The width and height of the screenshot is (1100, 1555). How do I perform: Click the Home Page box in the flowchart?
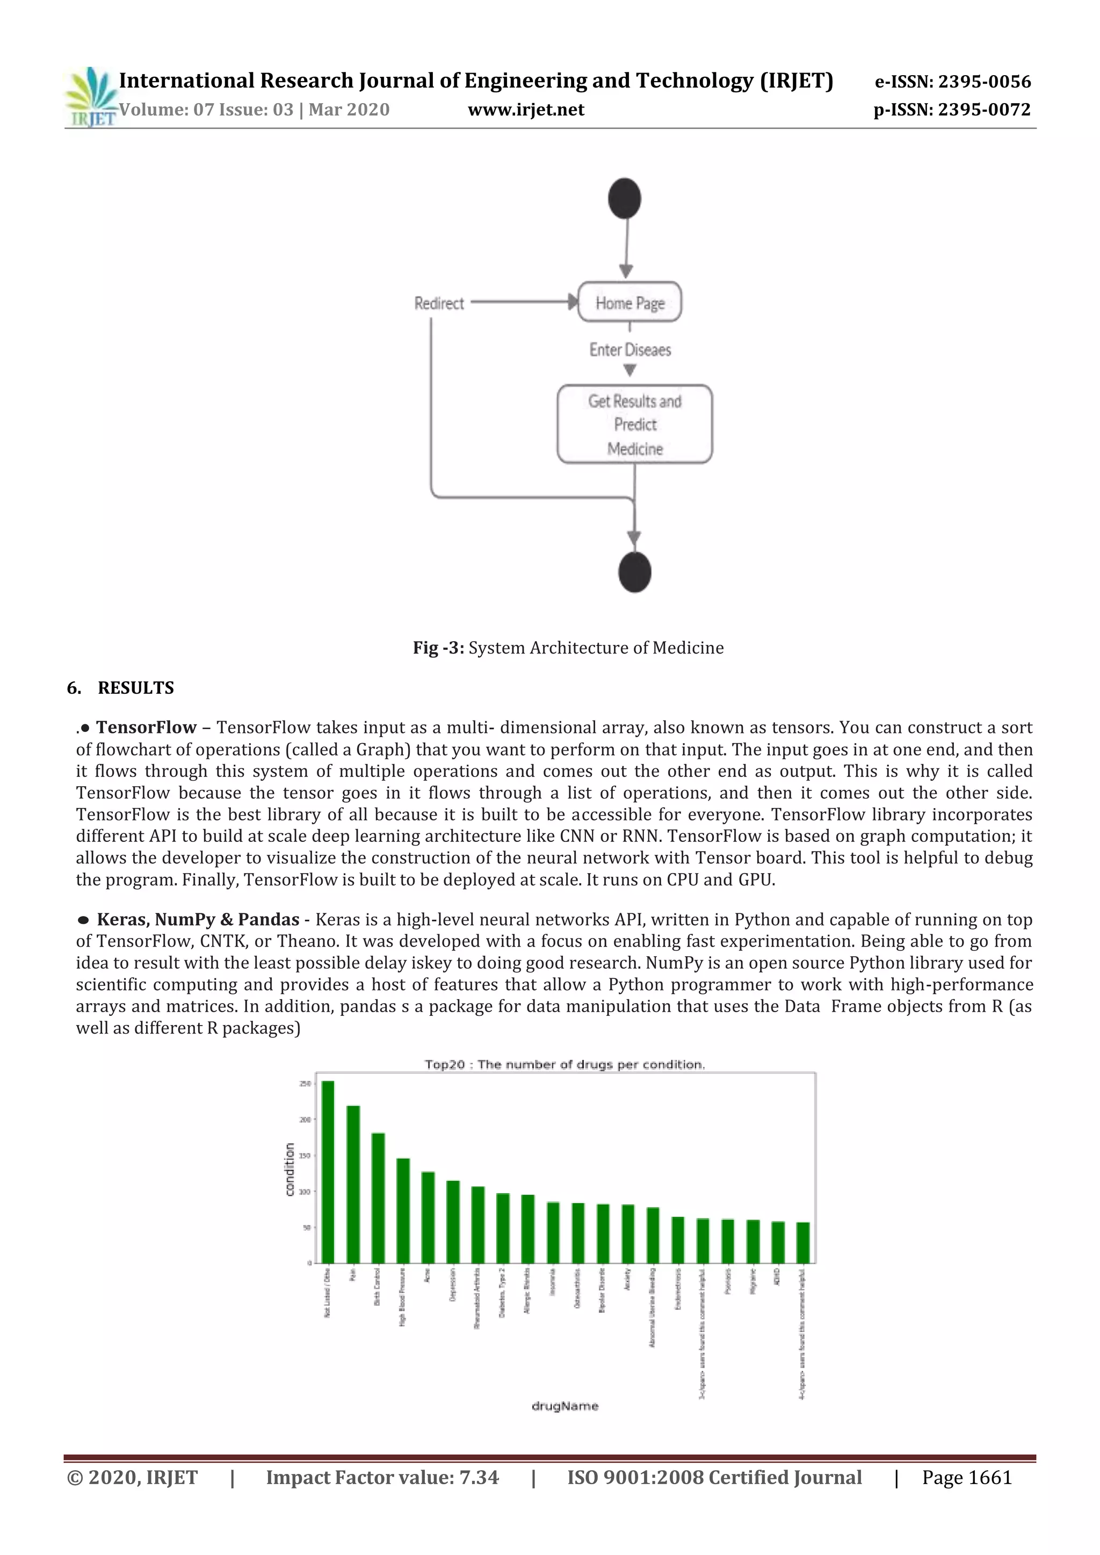pos(629,302)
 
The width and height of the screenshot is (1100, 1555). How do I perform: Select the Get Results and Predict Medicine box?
pos(635,424)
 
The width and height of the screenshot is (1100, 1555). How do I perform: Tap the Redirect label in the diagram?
pos(439,303)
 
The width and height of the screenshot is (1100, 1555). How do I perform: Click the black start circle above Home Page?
pos(625,199)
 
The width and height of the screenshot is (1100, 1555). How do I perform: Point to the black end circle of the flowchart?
pos(635,572)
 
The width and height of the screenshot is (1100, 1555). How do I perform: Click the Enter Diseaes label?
pos(630,350)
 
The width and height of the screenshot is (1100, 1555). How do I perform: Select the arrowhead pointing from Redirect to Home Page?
pos(573,302)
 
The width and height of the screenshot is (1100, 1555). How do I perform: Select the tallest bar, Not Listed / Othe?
pos(328,1172)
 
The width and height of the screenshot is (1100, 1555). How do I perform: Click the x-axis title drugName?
pos(565,1407)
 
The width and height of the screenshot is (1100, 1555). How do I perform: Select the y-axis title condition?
pos(290,1169)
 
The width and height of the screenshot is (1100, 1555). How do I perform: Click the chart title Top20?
pos(564,1065)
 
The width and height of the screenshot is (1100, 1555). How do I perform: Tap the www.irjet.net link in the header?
pos(526,110)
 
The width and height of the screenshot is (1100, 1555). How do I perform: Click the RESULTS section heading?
pos(135,688)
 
